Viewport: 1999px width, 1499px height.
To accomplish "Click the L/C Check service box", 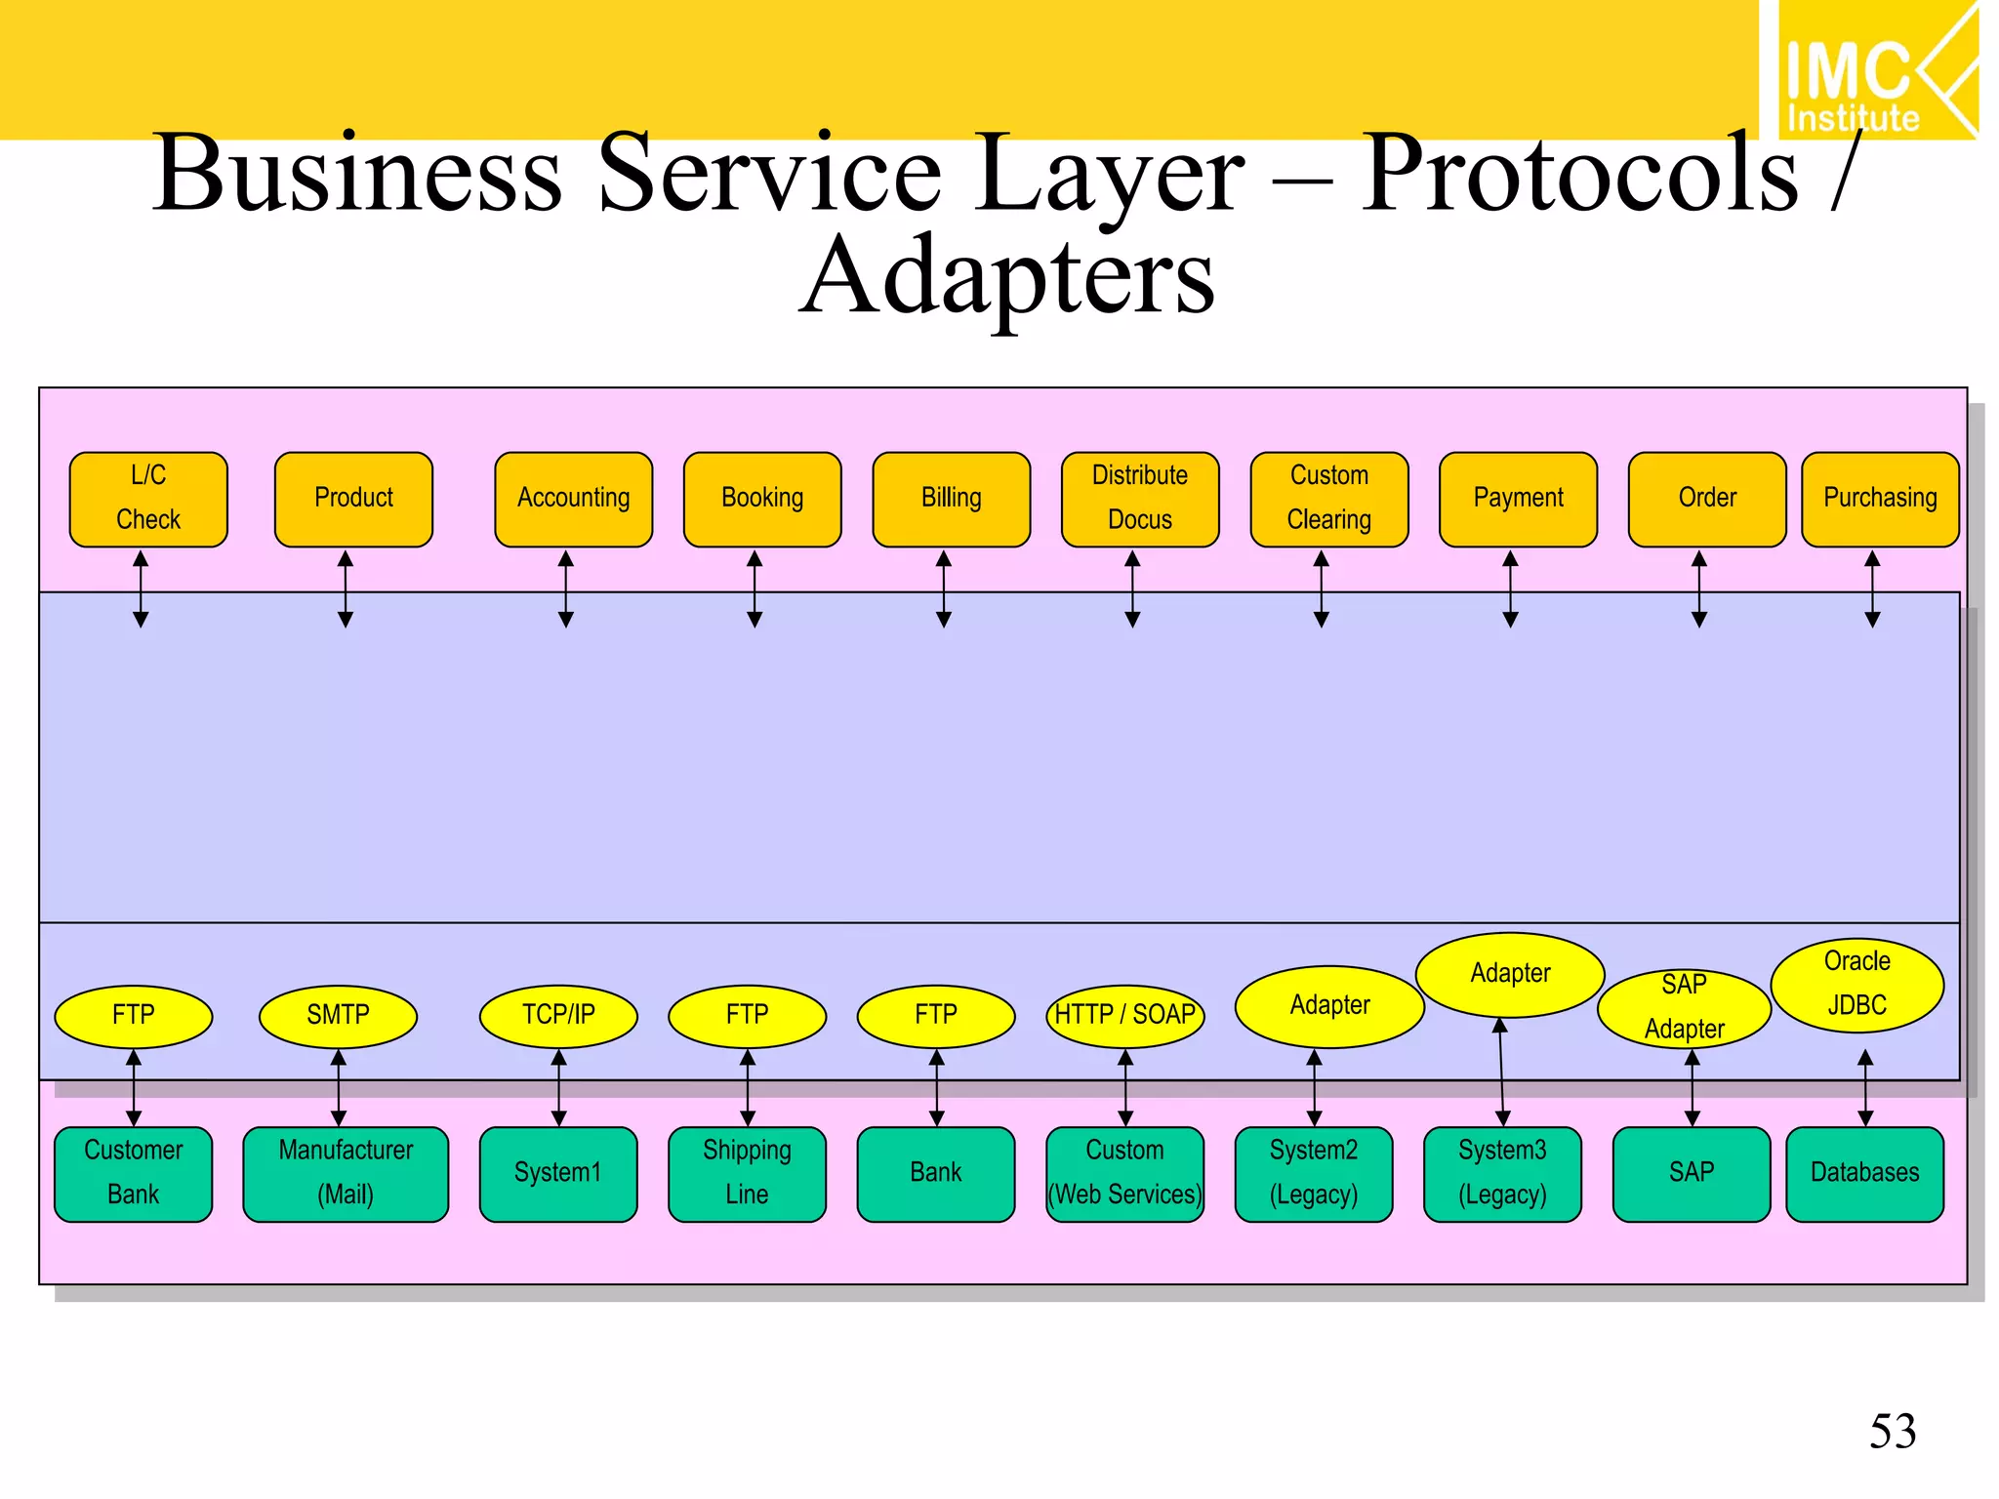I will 148,498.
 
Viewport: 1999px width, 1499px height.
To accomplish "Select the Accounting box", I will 573,498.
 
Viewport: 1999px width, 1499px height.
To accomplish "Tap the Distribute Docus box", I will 1139,498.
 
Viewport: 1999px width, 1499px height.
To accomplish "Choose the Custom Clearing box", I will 1328,498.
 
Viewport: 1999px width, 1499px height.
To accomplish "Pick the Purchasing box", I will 1879,498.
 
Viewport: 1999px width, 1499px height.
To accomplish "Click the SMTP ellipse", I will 338,1015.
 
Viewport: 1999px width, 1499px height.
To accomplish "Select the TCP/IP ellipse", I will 558,1015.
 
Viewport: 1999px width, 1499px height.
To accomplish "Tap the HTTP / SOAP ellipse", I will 1124,1015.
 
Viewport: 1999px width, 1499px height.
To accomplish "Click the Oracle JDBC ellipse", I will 1856,984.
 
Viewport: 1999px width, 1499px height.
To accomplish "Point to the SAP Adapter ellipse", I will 1684,1007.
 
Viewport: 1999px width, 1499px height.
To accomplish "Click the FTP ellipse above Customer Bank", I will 134,1015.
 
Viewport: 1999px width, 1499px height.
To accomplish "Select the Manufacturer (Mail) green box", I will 346,1173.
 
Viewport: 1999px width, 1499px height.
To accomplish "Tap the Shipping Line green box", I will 747,1173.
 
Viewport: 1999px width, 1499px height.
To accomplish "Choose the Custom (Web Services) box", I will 1124,1173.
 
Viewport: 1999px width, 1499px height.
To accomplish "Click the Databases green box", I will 1864,1173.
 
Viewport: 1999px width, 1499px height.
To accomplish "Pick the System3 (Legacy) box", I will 1502,1173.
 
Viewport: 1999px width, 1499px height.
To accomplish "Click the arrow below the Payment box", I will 1510,589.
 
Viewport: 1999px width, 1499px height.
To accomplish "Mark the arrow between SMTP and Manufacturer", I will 339,1088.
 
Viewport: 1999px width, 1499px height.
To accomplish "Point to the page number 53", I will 1892,1432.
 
